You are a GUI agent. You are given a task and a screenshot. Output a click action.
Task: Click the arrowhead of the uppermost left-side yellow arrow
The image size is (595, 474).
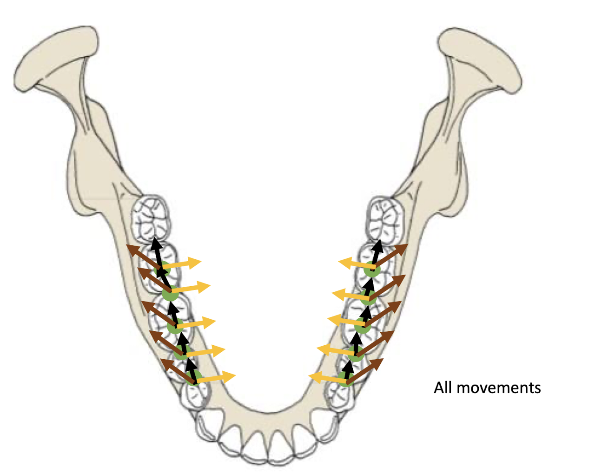pos(196,263)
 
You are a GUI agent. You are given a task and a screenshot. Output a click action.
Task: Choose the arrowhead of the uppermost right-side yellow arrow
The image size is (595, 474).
pos(344,263)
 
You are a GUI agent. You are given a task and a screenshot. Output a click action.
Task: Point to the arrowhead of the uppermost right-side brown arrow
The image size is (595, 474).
pos(403,247)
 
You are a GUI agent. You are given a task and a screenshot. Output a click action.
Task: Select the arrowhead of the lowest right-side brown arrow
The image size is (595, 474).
pos(378,362)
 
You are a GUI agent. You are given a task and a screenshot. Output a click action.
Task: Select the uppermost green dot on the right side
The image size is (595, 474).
pos(372,269)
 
